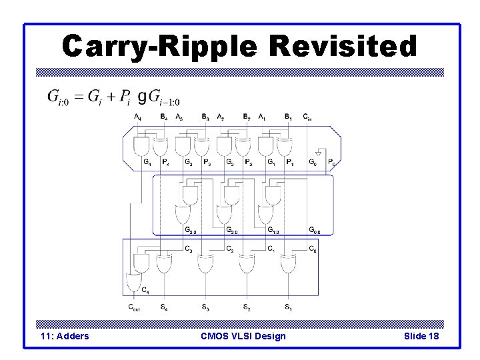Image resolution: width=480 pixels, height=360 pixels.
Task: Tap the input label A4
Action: (x=137, y=117)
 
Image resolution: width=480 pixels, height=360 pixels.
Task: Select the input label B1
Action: (x=288, y=117)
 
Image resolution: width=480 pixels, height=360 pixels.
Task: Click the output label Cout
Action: (x=135, y=307)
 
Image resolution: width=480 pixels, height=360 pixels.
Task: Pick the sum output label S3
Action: (x=205, y=307)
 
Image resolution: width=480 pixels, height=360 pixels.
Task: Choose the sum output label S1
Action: (x=288, y=307)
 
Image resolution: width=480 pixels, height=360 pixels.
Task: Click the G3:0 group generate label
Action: (x=190, y=231)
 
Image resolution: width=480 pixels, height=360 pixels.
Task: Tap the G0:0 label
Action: (x=315, y=231)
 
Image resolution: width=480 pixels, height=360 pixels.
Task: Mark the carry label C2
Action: (x=230, y=249)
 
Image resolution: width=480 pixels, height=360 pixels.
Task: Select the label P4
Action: (x=165, y=162)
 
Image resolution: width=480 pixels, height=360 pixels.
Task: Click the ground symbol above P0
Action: (x=319, y=153)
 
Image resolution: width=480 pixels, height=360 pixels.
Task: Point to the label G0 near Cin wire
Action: (x=313, y=162)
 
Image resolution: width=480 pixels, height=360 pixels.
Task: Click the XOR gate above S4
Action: (x=164, y=264)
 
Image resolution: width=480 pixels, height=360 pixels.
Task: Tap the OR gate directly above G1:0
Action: (x=265, y=215)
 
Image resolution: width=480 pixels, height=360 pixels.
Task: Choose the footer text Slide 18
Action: (x=421, y=336)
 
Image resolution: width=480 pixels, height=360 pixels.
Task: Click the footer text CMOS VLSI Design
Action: (x=243, y=336)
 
